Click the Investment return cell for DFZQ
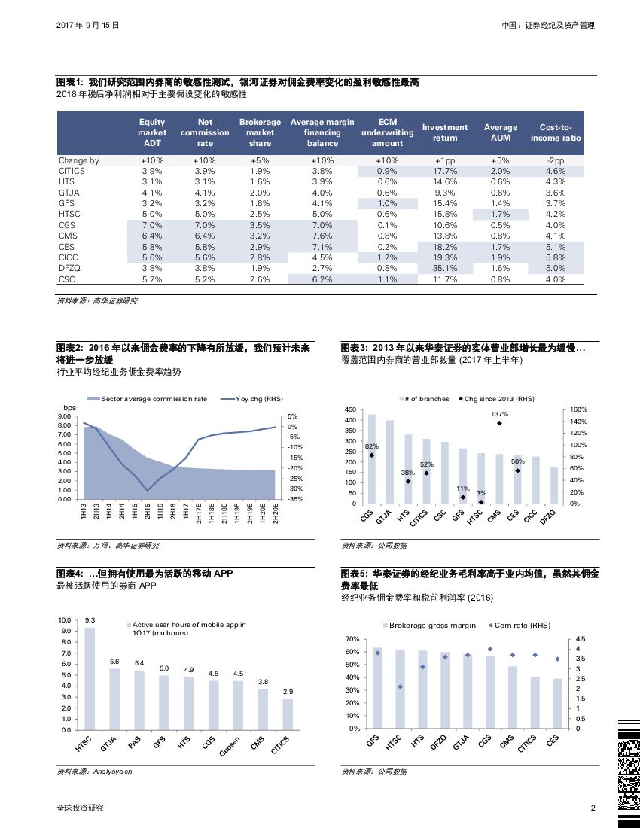[x=445, y=268]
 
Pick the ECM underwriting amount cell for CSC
[x=387, y=279]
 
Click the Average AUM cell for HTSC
[x=500, y=214]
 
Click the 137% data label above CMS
[x=499, y=414]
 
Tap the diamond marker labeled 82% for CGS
[x=371, y=455]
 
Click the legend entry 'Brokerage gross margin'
[x=430, y=626]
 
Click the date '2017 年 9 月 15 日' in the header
[x=88, y=25]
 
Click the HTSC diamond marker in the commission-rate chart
[x=401, y=686]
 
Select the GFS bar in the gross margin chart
[x=378, y=687]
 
